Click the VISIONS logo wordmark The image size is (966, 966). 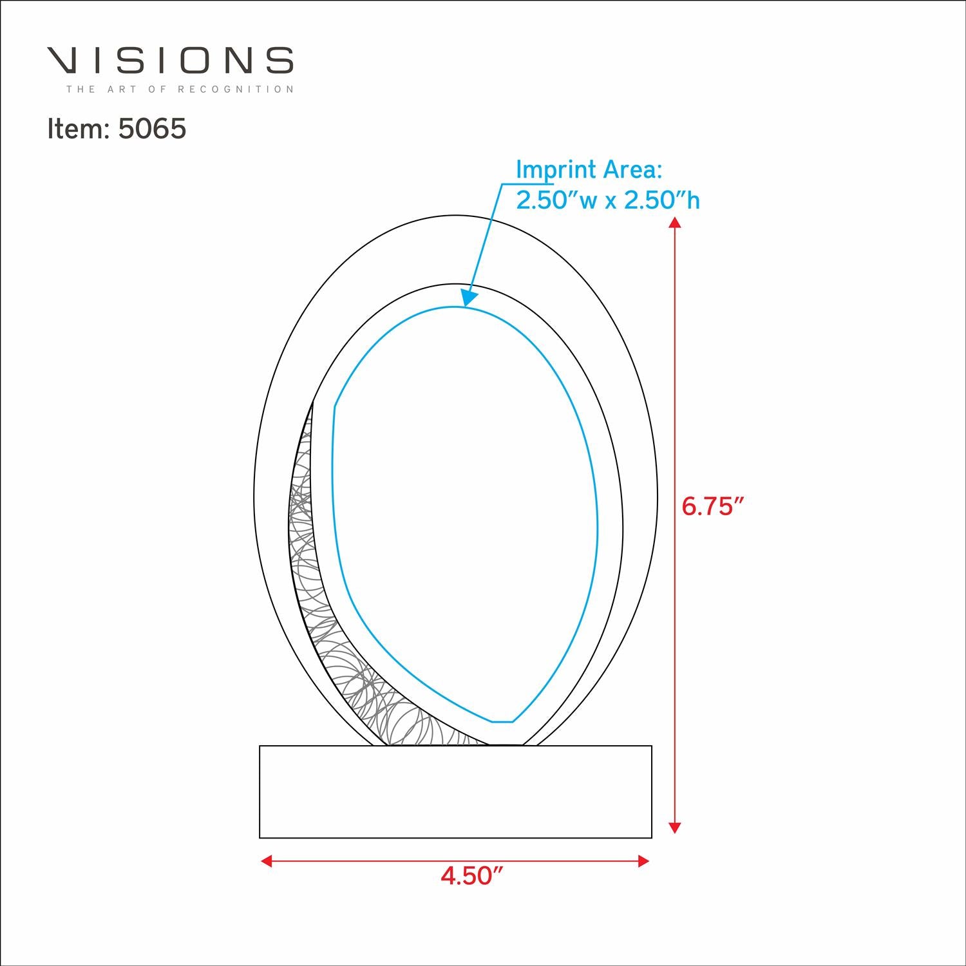[170, 60]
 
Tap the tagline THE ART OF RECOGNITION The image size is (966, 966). [180, 89]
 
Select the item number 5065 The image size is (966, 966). [153, 129]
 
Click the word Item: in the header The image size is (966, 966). [79, 129]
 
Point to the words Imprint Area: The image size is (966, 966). [589, 170]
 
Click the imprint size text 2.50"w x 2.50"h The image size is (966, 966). [608, 200]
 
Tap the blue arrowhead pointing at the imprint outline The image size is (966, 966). [470, 296]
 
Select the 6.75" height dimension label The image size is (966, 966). [712, 507]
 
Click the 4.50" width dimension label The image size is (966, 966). [471, 876]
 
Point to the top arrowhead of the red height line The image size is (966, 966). [674, 223]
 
